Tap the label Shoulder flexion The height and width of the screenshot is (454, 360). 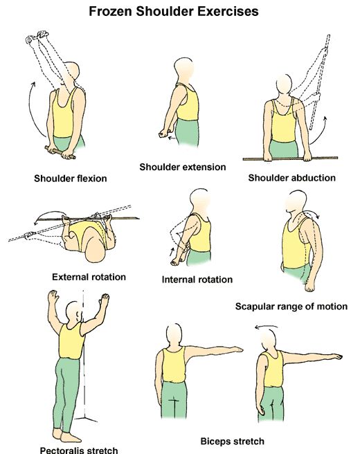pos(71,179)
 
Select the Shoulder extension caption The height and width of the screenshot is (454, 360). pos(183,167)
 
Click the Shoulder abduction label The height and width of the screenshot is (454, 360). pos(291,178)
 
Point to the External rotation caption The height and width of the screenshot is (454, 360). pos(89,277)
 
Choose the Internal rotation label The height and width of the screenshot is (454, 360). pos(197,280)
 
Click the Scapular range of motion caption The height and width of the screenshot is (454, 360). pos(291,306)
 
